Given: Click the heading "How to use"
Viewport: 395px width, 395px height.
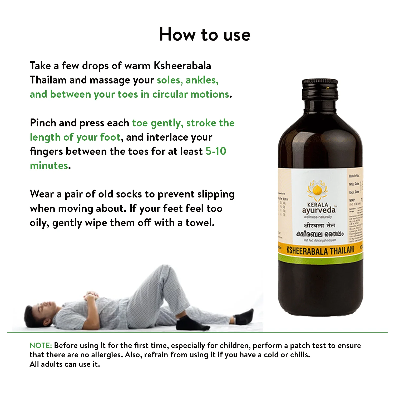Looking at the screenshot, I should point(205,34).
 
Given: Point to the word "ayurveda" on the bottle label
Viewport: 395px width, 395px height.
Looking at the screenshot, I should point(319,210).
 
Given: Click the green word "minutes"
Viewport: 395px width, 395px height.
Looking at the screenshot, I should point(49,166).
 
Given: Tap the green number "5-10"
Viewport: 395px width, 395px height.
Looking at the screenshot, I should point(216,151).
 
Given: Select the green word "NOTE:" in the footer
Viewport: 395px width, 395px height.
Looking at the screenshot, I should point(41,345).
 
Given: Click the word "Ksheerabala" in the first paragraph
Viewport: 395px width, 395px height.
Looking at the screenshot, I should point(182,66).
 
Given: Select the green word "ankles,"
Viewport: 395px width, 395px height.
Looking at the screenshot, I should point(202,80).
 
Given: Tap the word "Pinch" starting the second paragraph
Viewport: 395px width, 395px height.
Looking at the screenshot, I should point(43,123).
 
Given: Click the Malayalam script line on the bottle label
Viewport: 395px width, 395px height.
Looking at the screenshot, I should point(320,234).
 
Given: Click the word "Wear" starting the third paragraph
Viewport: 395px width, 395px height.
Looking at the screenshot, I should point(42,194).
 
